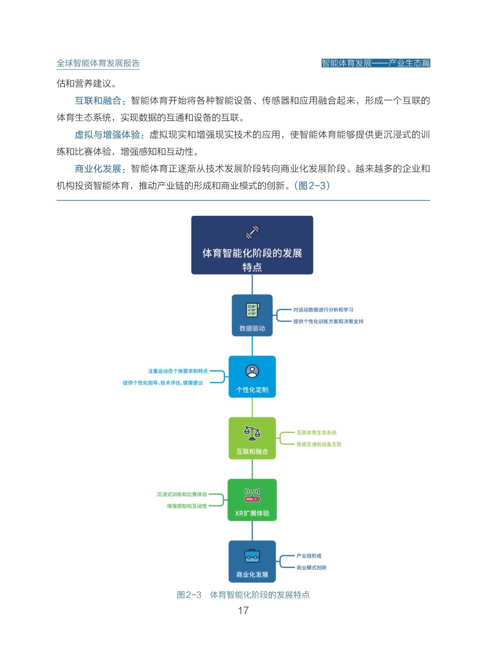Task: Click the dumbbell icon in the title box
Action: coord(252,232)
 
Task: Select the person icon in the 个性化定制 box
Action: coord(252,371)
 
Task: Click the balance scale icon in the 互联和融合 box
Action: coord(252,433)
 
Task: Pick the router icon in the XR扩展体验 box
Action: coord(252,494)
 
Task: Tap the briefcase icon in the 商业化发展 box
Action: coord(252,556)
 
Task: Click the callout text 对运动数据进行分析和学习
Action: coord(323,310)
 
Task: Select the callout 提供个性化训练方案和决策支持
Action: coord(328,321)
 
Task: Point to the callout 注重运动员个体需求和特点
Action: coord(178,371)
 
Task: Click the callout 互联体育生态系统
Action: coord(317,433)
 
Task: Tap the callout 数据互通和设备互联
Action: coord(319,445)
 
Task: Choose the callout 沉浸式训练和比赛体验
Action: coord(182,494)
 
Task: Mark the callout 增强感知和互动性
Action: coord(187,506)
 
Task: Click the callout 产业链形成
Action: coord(309,556)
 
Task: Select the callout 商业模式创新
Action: coord(311,568)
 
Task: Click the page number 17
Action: coord(243,610)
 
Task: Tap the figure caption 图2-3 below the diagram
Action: coord(243,595)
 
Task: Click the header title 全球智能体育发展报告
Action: coord(98,63)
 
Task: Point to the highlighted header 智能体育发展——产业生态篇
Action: coord(376,63)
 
